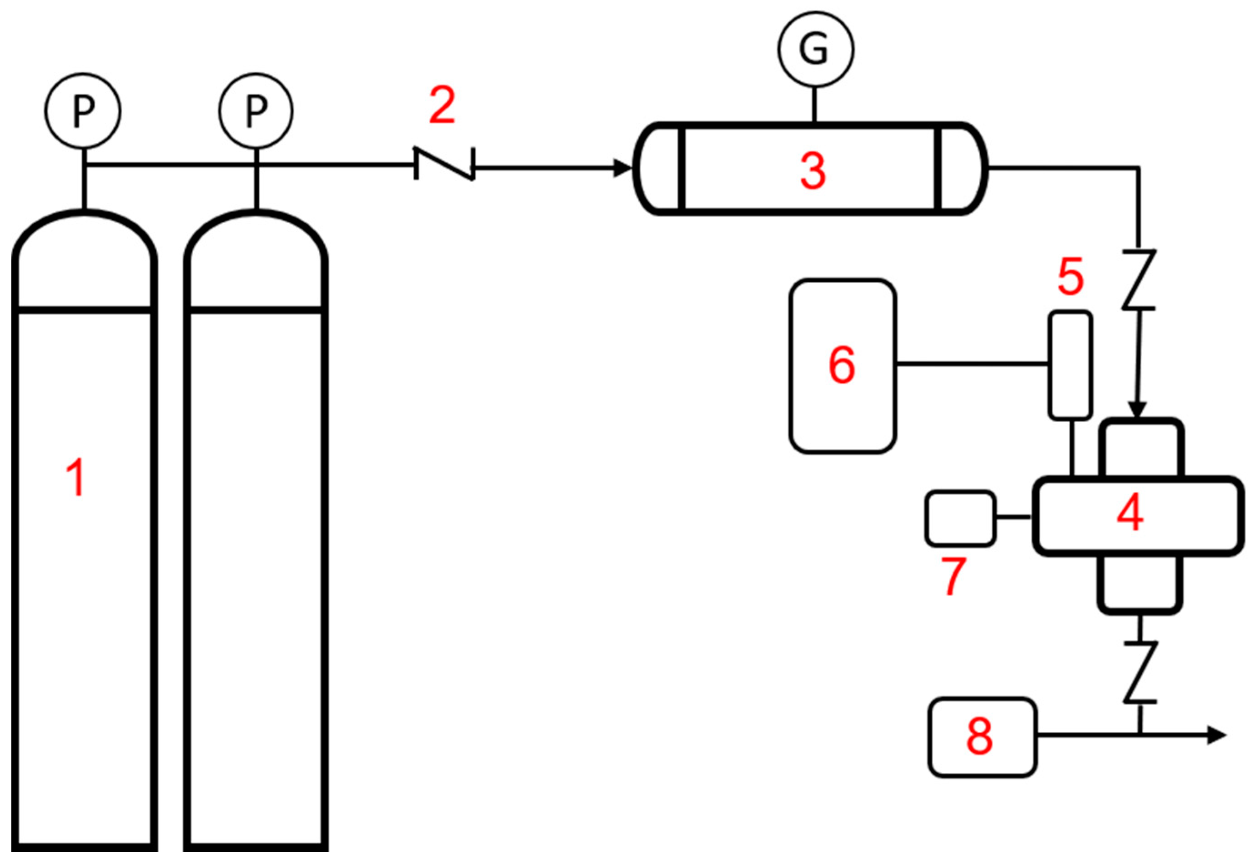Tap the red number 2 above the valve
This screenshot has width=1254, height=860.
coord(442,105)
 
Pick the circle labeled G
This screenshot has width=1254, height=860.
coord(815,49)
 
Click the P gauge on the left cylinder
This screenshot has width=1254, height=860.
coord(83,110)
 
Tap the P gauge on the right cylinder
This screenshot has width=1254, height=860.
coord(256,110)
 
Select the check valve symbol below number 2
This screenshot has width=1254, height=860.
coord(445,164)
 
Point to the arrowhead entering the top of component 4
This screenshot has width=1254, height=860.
coord(1139,410)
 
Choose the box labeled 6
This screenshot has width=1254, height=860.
coord(843,366)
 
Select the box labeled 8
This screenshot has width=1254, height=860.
coord(982,737)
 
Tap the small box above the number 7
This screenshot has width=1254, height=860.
coord(960,518)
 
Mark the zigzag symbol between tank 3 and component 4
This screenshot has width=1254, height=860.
coord(1139,280)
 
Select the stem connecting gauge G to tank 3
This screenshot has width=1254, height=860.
coord(815,105)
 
